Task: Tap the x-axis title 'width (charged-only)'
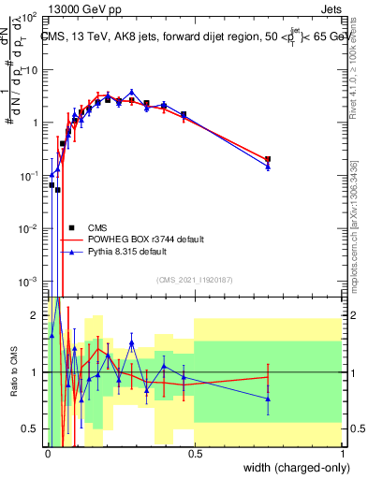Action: click(x=291, y=465)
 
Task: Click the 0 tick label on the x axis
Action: click(x=48, y=453)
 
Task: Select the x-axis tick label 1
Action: click(x=342, y=453)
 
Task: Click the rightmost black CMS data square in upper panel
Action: click(x=269, y=160)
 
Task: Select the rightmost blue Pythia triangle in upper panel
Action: click(x=269, y=167)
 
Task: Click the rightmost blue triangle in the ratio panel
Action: click(x=269, y=399)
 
